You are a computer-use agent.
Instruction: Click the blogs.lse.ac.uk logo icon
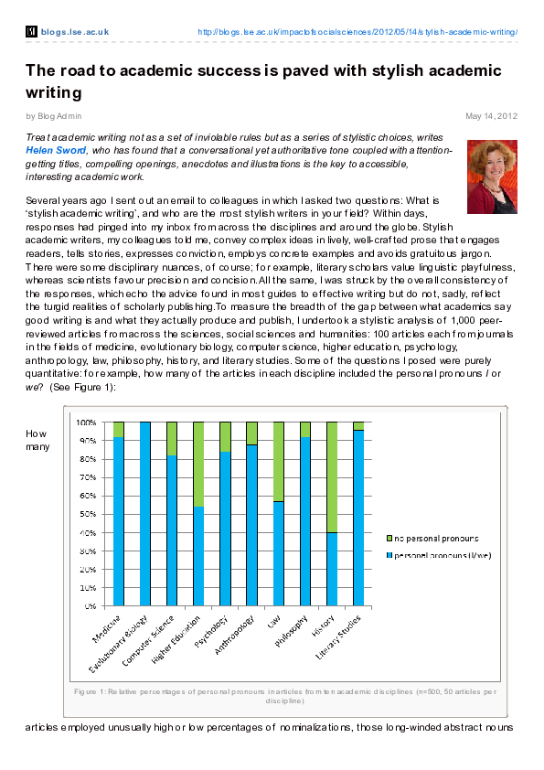31,32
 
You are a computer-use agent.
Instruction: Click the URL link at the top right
357,32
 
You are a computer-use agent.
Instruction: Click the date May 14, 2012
492,116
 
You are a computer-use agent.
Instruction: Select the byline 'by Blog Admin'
54,116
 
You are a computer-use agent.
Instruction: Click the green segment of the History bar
332,477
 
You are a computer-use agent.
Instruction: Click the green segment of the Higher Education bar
198,465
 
